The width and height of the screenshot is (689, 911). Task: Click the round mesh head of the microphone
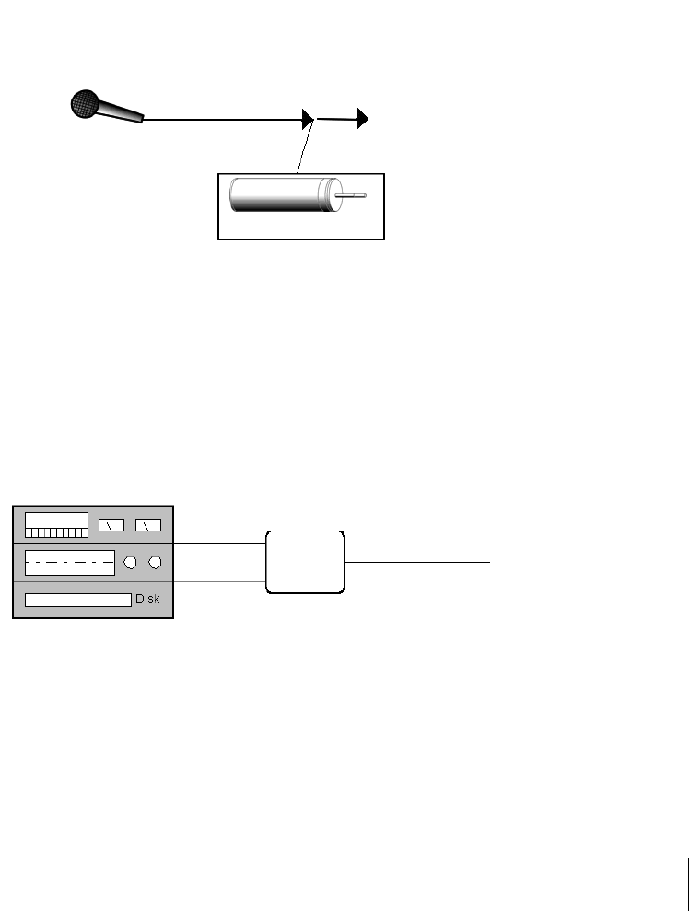[85, 103]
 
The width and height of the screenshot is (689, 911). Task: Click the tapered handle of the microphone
[123, 112]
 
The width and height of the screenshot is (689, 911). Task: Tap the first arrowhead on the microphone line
[308, 119]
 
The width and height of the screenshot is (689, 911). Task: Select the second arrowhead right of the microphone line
[363, 118]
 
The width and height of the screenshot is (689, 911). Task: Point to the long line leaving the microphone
[221, 119]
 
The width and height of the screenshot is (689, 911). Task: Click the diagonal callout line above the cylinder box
[305, 147]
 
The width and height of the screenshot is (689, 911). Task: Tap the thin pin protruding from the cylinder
[352, 195]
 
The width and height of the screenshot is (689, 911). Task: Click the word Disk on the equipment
[147, 600]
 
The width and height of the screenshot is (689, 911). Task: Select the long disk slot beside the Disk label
[77, 601]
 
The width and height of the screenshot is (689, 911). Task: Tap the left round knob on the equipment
[132, 562]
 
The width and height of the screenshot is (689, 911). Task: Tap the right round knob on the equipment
[156, 562]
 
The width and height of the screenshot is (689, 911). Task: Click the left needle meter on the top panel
[111, 526]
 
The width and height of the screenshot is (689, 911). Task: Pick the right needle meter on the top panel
[147, 526]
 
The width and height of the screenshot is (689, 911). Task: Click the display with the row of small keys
[56, 525]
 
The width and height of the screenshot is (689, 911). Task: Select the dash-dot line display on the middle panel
[70, 562]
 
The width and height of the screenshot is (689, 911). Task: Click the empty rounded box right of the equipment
[305, 561]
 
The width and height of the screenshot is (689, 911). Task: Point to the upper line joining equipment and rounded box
[219, 544]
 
